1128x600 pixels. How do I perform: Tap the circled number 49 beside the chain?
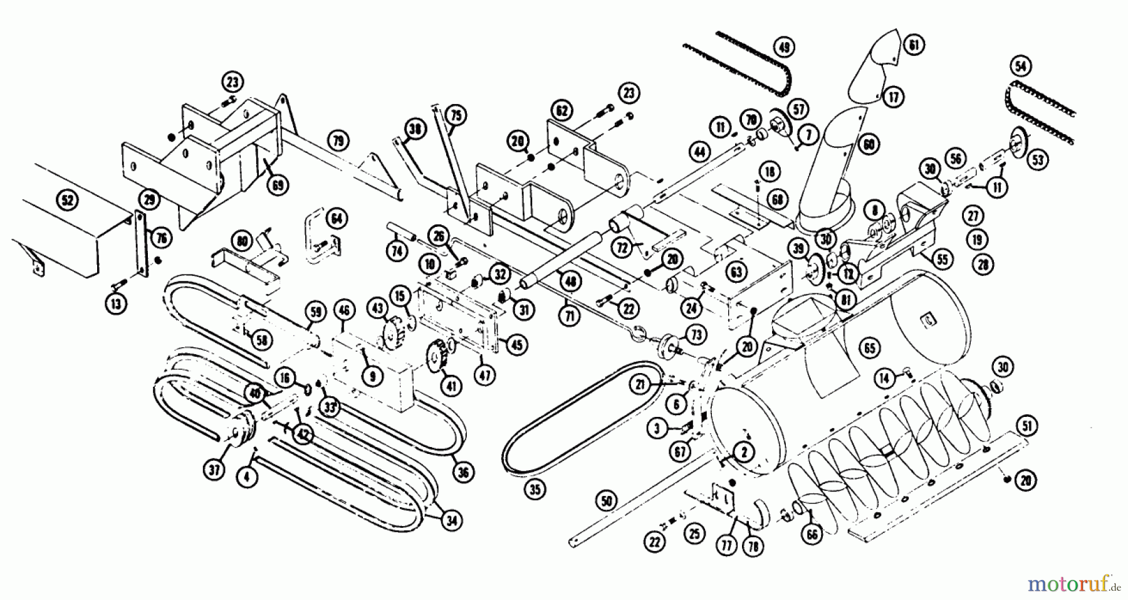point(783,47)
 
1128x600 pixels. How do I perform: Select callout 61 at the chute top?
point(914,45)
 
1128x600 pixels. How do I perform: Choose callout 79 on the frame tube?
point(338,140)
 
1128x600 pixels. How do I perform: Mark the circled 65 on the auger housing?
point(870,348)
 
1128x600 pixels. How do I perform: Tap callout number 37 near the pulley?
point(215,470)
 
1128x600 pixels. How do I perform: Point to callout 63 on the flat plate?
point(736,272)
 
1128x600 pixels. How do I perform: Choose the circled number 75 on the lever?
point(456,115)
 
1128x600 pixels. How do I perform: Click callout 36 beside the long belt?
point(463,473)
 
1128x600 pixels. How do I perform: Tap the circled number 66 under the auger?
point(812,534)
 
